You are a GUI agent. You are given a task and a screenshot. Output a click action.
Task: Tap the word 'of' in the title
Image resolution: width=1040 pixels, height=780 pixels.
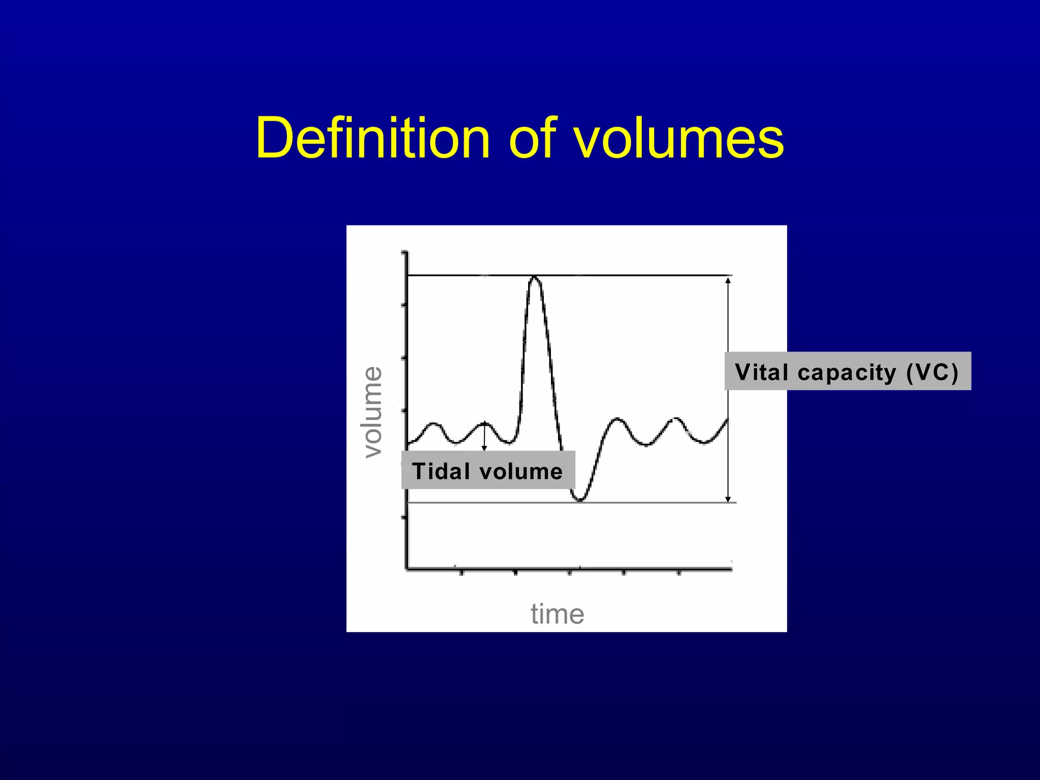click(x=533, y=138)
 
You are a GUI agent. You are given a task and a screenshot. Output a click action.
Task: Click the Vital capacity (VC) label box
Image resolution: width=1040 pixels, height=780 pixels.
click(x=848, y=371)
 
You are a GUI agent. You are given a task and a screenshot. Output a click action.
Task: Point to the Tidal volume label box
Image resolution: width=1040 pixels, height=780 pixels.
click(x=488, y=470)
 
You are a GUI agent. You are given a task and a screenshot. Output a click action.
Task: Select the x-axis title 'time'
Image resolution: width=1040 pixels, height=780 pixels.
click(x=558, y=614)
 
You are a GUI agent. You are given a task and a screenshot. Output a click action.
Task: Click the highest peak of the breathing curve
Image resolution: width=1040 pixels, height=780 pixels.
click(x=534, y=277)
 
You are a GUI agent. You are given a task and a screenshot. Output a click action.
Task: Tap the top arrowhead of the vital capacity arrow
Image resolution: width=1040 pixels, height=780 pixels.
click(x=728, y=280)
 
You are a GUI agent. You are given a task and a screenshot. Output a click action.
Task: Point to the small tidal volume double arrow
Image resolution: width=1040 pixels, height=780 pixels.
click(x=484, y=436)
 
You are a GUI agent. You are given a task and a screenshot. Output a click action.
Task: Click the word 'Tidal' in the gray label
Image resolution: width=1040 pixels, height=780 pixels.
click(x=441, y=471)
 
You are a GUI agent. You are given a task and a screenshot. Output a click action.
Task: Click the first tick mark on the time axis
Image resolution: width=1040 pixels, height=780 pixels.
click(x=461, y=573)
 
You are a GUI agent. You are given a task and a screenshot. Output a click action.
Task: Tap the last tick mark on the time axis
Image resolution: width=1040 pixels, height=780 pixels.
click(x=679, y=573)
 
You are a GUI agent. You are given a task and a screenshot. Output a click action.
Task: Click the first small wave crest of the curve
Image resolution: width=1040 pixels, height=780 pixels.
click(x=433, y=424)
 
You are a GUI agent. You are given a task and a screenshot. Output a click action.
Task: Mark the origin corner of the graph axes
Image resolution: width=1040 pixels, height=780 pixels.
click(x=407, y=569)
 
